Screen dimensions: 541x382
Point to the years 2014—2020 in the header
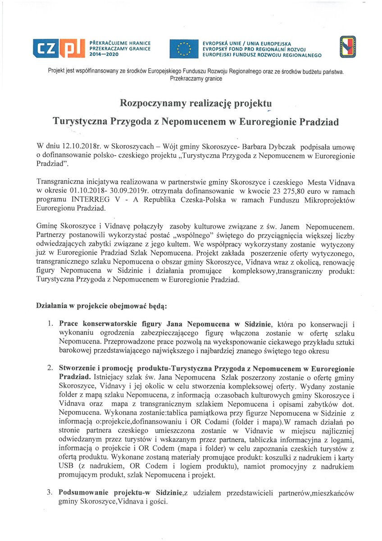[x=104, y=54]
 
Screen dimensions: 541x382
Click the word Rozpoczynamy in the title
[x=152, y=103]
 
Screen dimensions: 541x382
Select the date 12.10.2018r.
[x=76, y=147]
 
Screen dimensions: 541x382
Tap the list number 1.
[x=51, y=324]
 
